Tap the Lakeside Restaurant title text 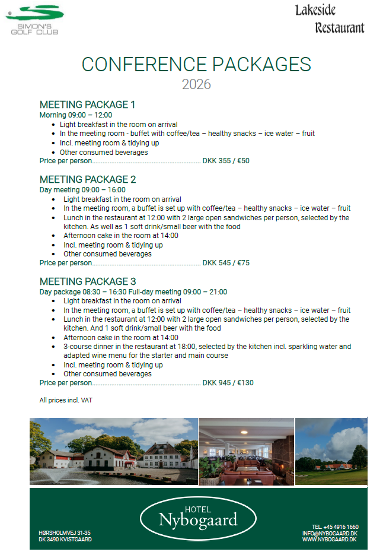click(x=330, y=19)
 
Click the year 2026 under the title click(x=196, y=84)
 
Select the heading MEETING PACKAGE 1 click(x=87, y=105)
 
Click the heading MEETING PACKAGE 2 click(x=88, y=179)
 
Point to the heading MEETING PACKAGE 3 click(x=88, y=281)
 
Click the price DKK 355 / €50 click(x=226, y=161)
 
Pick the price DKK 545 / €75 click(x=226, y=263)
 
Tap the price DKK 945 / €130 click(x=228, y=383)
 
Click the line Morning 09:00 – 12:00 click(x=75, y=115)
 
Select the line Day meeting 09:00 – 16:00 click(x=82, y=190)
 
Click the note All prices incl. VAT click(x=66, y=401)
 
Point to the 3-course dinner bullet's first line click(x=208, y=347)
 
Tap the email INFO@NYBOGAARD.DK click(x=329, y=533)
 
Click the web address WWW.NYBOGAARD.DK click(x=328, y=540)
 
